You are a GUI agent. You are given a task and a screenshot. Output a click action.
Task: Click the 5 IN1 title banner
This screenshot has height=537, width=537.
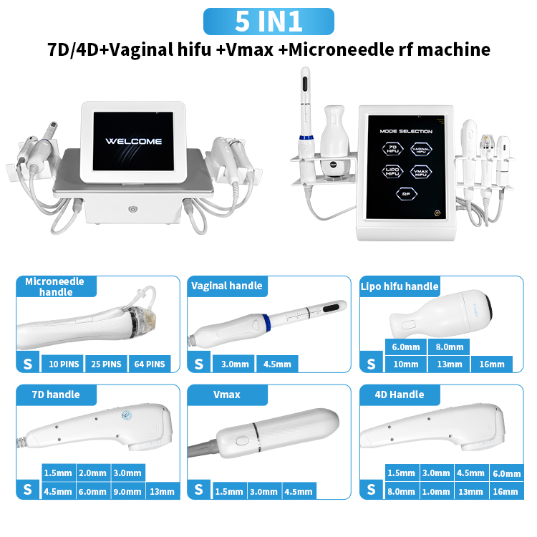[x=268, y=21]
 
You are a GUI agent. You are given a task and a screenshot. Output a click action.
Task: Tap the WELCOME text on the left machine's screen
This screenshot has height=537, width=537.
[x=134, y=141]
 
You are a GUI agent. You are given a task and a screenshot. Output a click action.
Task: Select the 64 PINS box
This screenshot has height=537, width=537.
[x=150, y=364]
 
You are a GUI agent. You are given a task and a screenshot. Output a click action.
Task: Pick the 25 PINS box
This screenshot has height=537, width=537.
[x=106, y=364]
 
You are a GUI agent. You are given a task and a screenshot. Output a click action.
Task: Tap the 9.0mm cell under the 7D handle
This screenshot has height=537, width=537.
[x=127, y=491]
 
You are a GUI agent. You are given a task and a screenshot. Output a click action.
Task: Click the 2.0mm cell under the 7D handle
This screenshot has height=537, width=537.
[x=92, y=473]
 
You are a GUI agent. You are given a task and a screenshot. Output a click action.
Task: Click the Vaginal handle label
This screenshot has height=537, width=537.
[x=226, y=286]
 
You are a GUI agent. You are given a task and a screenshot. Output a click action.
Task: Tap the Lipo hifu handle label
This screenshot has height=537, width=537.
[x=399, y=286]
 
